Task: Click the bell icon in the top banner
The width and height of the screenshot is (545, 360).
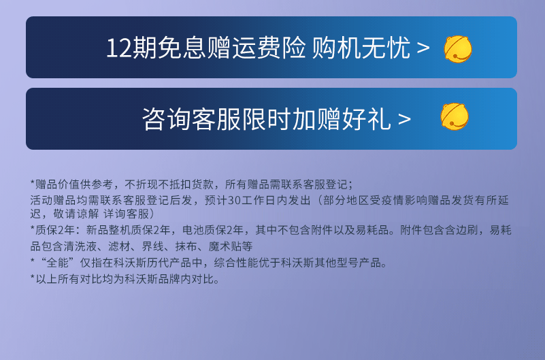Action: (x=458, y=49)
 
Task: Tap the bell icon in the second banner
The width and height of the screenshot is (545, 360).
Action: (x=455, y=116)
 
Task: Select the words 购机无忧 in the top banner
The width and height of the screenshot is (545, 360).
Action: (x=361, y=48)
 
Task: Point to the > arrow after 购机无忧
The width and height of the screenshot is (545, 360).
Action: (x=423, y=48)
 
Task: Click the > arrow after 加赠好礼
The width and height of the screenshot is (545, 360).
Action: (x=404, y=119)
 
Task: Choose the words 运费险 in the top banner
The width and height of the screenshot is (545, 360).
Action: (x=269, y=48)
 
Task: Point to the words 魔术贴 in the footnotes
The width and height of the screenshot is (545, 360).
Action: (x=225, y=246)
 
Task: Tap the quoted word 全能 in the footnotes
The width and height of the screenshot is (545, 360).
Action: (x=57, y=263)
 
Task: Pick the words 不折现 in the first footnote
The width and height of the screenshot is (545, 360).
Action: (x=141, y=184)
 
